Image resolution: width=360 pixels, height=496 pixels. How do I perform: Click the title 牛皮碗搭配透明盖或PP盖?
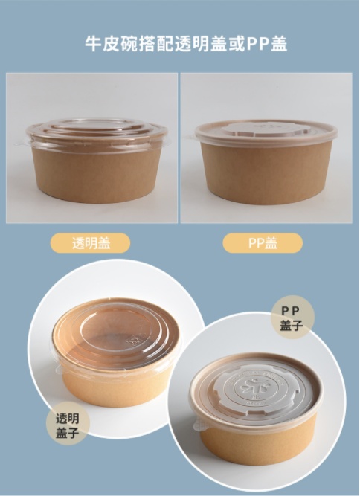[186, 44]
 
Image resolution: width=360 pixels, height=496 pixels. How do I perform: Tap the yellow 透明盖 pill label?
[91, 243]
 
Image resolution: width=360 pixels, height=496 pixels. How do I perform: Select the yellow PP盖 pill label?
[263, 243]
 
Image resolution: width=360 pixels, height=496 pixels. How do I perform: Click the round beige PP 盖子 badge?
[292, 318]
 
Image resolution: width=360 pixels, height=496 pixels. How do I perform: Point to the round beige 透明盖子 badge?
[68, 424]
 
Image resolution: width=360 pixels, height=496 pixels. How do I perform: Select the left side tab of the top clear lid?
[22, 143]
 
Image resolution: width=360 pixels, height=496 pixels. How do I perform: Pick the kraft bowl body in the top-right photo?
[266, 173]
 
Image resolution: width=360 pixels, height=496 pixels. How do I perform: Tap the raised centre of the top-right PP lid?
[266, 128]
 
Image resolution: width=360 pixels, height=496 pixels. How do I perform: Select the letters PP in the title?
[258, 44]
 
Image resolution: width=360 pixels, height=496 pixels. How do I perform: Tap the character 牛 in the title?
[93, 44]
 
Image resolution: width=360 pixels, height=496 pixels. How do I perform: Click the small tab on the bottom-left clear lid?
[59, 369]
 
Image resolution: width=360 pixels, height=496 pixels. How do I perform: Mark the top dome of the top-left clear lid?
[97, 124]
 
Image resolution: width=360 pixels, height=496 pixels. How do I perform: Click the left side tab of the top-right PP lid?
[191, 138]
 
